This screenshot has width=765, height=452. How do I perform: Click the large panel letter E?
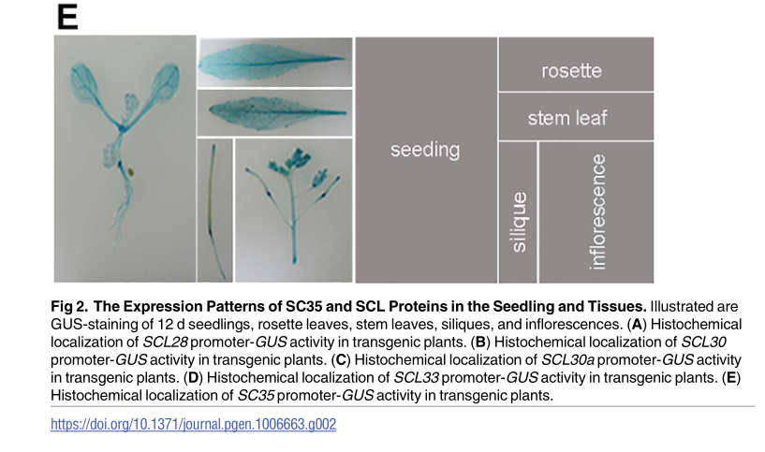click(x=67, y=17)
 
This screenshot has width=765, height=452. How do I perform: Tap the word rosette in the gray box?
click(x=571, y=71)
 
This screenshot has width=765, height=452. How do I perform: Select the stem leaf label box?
click(x=576, y=117)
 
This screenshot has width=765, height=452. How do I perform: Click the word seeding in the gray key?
click(x=425, y=150)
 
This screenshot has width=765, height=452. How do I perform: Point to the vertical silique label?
click(x=519, y=222)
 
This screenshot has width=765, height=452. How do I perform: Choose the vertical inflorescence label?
click(x=597, y=211)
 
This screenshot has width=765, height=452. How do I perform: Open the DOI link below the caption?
click(x=193, y=424)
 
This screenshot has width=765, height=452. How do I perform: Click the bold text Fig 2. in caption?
click(x=69, y=307)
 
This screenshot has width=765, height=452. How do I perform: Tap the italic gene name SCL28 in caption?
click(x=165, y=343)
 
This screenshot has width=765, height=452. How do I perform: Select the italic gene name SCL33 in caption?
click(x=416, y=378)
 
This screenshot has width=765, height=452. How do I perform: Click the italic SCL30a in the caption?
click(x=567, y=360)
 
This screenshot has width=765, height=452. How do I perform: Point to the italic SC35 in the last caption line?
click(x=256, y=396)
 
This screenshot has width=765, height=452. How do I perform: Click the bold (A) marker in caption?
click(x=636, y=324)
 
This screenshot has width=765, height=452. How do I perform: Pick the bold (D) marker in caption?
click(x=193, y=378)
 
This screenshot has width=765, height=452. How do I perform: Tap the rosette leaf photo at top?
click(x=274, y=62)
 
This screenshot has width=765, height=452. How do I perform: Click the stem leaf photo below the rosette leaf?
click(x=274, y=112)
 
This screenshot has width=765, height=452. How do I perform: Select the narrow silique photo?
click(x=214, y=211)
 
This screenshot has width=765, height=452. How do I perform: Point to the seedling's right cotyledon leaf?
click(x=165, y=82)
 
